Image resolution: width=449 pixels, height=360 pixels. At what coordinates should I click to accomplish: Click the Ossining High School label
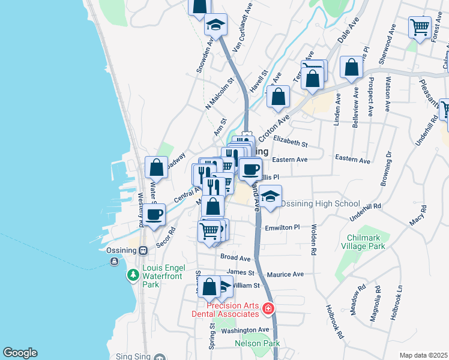(321, 204)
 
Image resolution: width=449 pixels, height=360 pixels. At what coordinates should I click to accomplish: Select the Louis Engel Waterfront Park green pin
(133, 276)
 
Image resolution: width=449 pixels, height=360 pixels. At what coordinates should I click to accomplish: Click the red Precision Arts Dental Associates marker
(268, 309)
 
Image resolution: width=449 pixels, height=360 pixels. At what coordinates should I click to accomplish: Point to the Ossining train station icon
(143, 251)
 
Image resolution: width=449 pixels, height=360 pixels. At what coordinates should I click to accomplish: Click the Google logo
(20, 353)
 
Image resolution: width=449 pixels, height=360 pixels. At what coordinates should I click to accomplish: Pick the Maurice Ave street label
(285, 274)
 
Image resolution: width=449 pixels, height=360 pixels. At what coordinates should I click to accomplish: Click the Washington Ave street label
(245, 330)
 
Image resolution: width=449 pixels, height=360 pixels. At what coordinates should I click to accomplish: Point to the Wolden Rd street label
(313, 240)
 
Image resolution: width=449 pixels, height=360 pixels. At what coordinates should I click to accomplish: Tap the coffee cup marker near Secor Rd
(154, 214)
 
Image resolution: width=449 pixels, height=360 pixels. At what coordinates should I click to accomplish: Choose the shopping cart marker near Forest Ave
(420, 27)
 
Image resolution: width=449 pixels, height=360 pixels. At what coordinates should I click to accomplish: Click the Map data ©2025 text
(423, 355)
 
